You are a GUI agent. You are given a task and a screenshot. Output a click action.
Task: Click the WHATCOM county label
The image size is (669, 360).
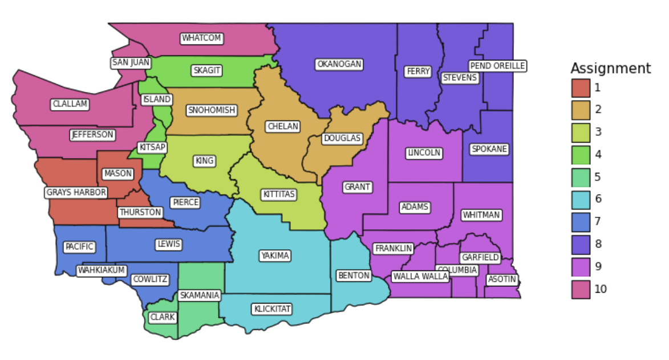coord(201,38)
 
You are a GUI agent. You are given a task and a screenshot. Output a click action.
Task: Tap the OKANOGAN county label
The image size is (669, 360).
coord(339,64)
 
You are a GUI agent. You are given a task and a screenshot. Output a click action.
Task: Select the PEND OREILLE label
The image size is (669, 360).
coord(497,66)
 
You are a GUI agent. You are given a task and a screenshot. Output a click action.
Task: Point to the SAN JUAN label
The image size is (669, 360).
coord(131,63)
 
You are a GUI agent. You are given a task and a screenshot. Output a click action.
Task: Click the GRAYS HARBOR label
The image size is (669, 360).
coord(76,193)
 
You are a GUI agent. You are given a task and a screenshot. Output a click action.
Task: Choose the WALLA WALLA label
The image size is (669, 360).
coord(420,277)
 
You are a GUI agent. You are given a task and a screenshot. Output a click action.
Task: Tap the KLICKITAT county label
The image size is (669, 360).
coord(272,309)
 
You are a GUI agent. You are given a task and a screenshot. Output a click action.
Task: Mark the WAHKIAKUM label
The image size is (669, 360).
coord(102,270)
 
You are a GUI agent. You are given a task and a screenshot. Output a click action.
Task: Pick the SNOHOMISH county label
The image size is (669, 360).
coord(211,110)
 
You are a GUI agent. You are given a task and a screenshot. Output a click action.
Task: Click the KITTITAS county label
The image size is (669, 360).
coord(279,195)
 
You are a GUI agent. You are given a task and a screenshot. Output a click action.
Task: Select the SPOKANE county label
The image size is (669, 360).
coord(489,149)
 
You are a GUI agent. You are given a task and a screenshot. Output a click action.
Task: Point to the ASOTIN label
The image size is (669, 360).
coord(502,280)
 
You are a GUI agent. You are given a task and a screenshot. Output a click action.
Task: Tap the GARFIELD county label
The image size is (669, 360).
coord(480,258)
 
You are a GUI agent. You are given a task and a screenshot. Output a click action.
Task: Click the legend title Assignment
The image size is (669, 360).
coord(610,69)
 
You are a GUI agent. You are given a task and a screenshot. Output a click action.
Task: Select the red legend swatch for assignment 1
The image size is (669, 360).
coord(581,88)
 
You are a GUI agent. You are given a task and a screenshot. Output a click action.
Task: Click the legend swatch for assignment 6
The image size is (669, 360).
coord(581,199)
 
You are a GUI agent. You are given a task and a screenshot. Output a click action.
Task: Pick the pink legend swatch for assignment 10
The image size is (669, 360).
coord(581,289)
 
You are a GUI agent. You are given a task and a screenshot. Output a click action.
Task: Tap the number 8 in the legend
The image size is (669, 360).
coord(598,244)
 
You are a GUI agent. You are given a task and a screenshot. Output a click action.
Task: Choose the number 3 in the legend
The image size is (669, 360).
coord(598,132)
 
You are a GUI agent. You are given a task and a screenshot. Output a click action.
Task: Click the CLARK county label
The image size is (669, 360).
coord(163,317)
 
